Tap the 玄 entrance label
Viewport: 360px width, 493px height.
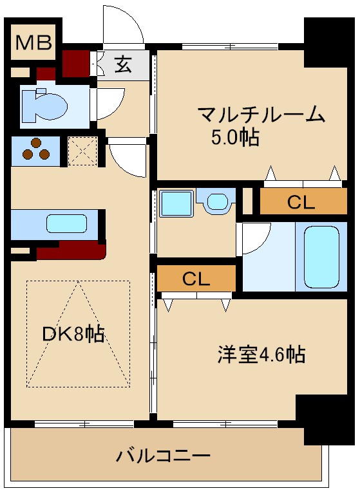[124, 64]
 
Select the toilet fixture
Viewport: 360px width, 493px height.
[43, 104]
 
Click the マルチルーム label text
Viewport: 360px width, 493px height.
[261, 116]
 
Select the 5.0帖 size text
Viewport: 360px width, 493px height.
[235, 138]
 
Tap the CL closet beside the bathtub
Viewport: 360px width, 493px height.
[301, 203]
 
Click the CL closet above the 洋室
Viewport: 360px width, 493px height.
[196, 279]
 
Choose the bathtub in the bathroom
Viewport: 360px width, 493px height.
[321, 256]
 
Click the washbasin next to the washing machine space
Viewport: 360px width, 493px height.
[217, 202]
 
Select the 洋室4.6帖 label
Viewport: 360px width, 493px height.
[260, 354]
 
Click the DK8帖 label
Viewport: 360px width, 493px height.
[73, 334]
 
